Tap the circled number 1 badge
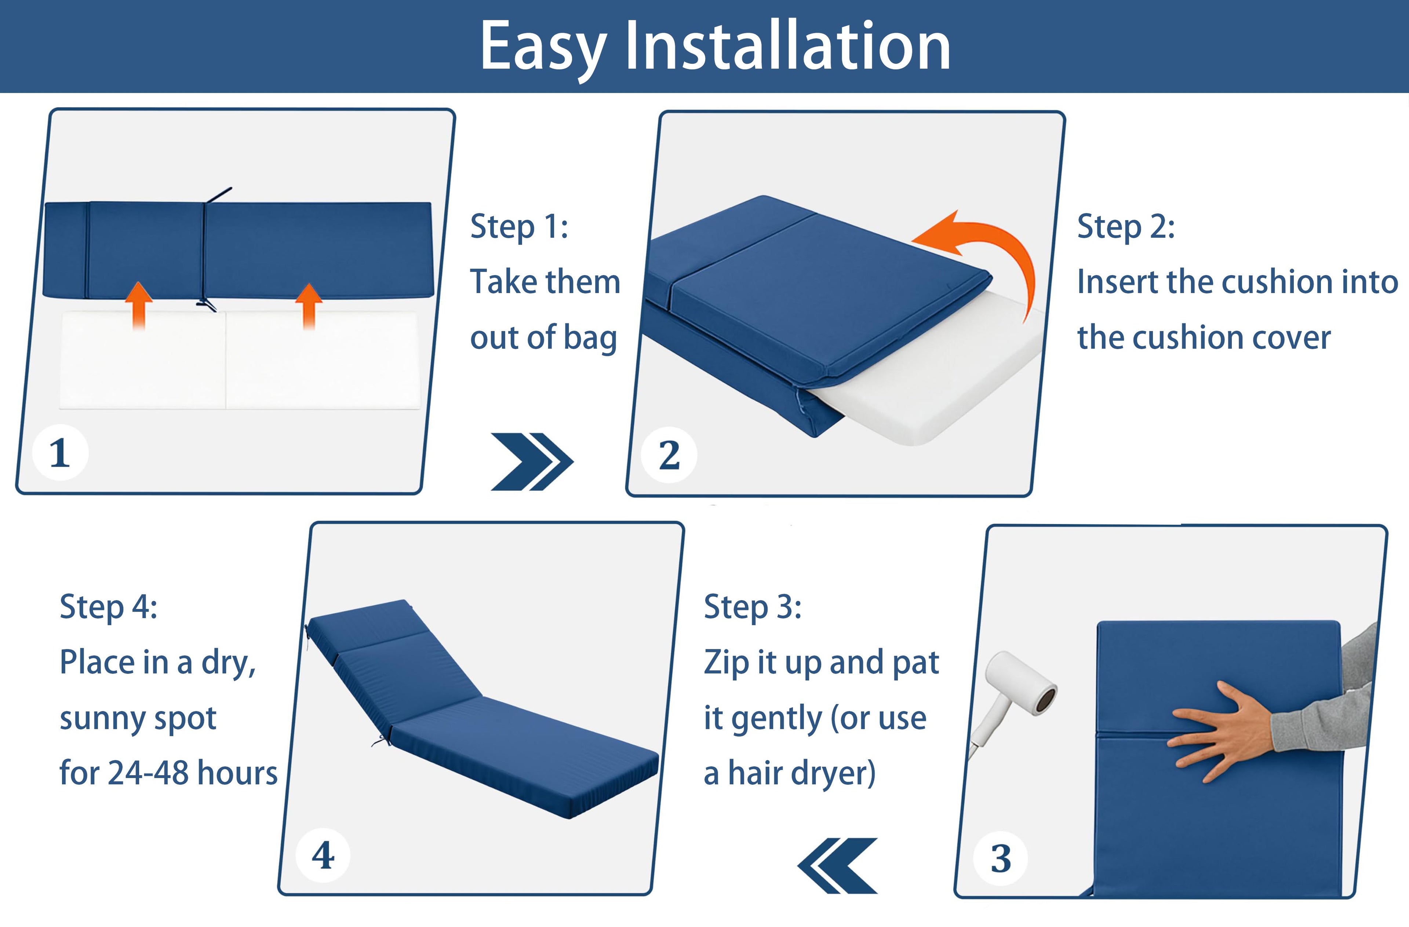60,453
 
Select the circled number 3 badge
1001,858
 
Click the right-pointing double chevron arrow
532,462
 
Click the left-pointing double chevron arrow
837,865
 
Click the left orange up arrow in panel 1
139,305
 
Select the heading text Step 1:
519,227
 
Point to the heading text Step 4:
108,607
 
